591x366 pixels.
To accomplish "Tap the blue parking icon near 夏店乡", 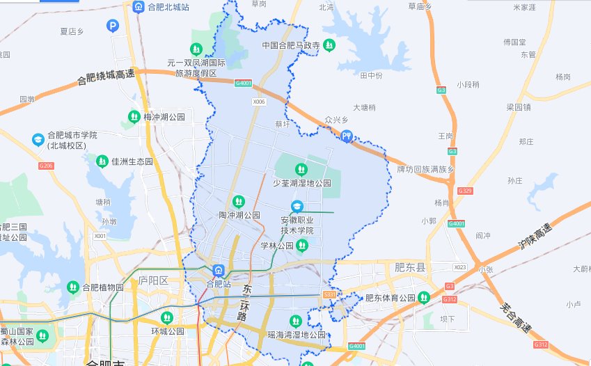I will click(113, 26).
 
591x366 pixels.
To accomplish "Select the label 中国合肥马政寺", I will click(290, 45).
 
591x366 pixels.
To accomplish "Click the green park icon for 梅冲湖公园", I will click(134, 117).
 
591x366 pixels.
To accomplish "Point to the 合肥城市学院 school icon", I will click(38, 140).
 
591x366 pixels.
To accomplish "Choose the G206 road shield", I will click(46, 166).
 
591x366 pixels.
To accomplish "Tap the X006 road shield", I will click(260, 102).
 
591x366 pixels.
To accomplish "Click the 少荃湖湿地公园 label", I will click(301, 184).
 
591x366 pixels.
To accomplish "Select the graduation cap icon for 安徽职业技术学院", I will click(297, 207).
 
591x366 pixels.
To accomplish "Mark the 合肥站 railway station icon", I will click(218, 271).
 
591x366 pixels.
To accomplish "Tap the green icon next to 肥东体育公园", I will click(424, 298).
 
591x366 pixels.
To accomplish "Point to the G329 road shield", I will click(465, 190).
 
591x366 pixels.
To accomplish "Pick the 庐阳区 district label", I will click(153, 280).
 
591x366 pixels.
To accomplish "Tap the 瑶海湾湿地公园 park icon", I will click(295, 321).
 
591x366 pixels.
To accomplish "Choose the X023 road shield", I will click(459, 267).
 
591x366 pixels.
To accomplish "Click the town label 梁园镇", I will click(518, 107).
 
